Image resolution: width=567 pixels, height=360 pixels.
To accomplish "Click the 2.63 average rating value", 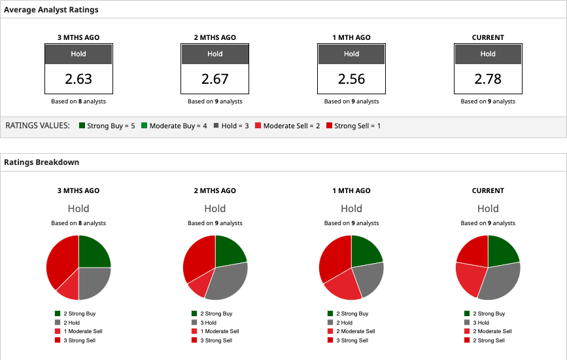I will [78, 79].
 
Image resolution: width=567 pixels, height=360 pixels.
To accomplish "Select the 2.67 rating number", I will [215, 79].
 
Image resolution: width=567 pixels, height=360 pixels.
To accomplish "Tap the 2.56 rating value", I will [351, 79].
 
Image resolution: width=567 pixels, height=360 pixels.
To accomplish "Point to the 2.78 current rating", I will [488, 79].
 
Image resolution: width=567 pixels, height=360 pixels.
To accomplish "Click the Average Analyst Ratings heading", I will [51, 10].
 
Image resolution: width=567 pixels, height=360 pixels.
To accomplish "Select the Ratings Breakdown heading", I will [41, 162].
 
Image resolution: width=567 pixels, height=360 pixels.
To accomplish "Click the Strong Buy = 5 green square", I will [82, 125].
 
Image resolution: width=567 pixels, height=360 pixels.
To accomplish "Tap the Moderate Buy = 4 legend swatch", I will [145, 125].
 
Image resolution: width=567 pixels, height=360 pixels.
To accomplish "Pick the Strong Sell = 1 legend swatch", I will [329, 125].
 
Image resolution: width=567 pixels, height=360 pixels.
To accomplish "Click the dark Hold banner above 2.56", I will [351, 54].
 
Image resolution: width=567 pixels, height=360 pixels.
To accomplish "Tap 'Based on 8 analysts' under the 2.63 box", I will [78, 101].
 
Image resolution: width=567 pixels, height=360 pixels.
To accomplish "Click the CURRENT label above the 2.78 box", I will [488, 37].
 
